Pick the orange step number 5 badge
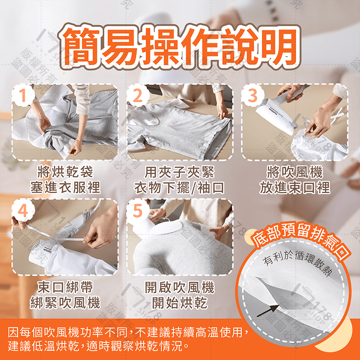pos(137,209)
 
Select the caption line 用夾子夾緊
pos(180,172)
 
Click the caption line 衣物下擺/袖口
pos(180,188)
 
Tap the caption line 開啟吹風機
pos(180,287)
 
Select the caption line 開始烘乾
pos(180,302)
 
